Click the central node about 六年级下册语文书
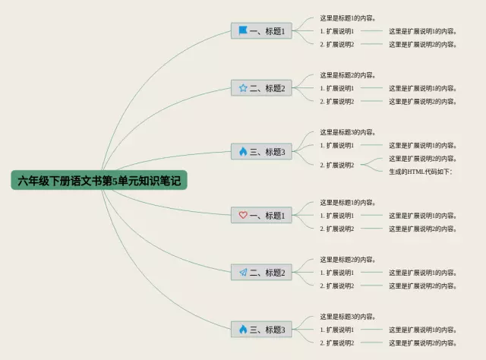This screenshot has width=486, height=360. point(99,181)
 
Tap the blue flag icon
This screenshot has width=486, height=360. point(243,31)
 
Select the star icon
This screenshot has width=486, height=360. point(243,88)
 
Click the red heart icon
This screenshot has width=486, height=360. point(243,215)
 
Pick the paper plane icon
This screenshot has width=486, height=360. point(243,272)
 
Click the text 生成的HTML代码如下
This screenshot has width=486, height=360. point(421,172)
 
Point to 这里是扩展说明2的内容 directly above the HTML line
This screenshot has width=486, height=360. point(423,159)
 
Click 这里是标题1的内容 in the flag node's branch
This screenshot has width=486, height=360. point(349,18)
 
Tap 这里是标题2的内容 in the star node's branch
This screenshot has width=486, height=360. point(349,75)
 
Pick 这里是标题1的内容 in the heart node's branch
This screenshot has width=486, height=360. point(349,203)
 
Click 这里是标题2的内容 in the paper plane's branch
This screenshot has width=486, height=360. point(349,260)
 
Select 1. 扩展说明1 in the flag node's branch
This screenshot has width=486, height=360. point(337,31)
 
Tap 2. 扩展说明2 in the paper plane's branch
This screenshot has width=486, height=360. point(337,286)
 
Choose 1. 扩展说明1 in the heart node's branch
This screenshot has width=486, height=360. point(337,216)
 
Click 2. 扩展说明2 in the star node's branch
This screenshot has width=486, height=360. point(337,101)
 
